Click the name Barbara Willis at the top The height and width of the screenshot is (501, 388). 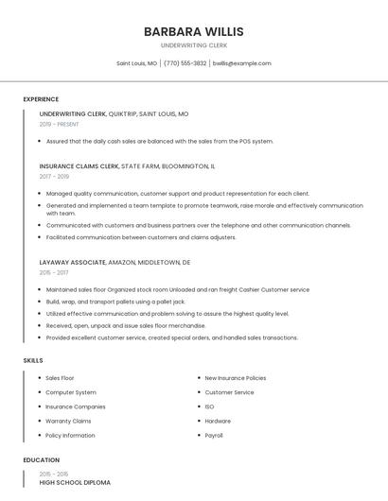coord(193,31)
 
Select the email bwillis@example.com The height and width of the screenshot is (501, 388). coord(241,63)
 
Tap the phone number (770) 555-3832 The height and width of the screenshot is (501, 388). coord(185,63)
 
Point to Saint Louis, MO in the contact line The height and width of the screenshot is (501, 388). coord(136,63)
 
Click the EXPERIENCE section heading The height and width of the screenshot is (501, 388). coord(41,99)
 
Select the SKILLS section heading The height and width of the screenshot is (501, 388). coord(32,360)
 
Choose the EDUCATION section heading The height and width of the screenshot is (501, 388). coord(41,460)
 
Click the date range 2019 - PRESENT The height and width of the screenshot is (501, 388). coord(59,124)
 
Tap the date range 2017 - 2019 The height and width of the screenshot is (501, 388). coord(54,176)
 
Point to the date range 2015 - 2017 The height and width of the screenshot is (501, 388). coord(54,272)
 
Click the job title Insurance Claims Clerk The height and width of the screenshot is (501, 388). coord(79,166)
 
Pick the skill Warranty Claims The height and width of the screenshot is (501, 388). coord(68,421)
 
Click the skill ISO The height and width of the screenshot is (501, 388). coord(209,406)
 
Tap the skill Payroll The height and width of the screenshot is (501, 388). coord(214,436)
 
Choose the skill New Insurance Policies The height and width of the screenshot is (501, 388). coord(235,377)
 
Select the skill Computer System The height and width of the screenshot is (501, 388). coord(71,392)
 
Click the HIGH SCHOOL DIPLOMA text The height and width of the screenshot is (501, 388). coord(75,482)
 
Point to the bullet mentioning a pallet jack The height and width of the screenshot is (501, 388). coord(115,302)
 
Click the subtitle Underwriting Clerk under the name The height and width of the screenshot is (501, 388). coord(193,45)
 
